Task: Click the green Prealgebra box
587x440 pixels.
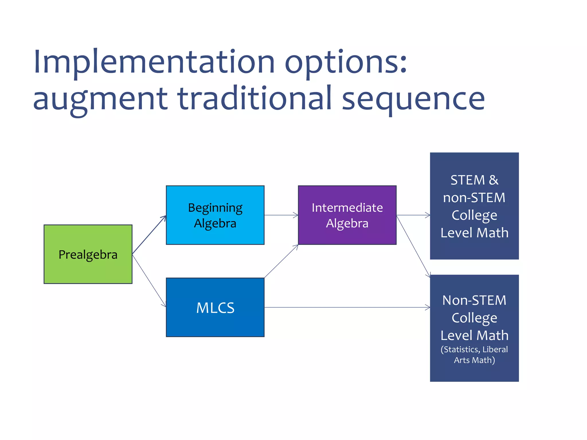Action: (x=88, y=254)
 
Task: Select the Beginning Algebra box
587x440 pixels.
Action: (x=215, y=215)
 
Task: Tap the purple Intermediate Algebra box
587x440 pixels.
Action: (x=347, y=215)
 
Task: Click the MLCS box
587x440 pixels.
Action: (x=215, y=307)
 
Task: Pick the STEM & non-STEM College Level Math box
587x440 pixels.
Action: (x=474, y=206)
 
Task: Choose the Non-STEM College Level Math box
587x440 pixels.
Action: (x=474, y=328)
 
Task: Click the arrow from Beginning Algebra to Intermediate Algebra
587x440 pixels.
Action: (x=281, y=215)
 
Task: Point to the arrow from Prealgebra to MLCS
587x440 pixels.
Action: (x=149, y=280)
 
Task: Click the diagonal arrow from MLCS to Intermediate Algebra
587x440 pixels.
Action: (x=281, y=261)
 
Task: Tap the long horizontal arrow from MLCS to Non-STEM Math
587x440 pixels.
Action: (x=347, y=307)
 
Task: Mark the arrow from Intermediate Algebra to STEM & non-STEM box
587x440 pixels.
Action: (x=413, y=215)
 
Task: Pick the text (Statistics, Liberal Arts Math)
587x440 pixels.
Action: (x=474, y=355)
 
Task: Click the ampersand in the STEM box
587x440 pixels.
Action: (x=494, y=180)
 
